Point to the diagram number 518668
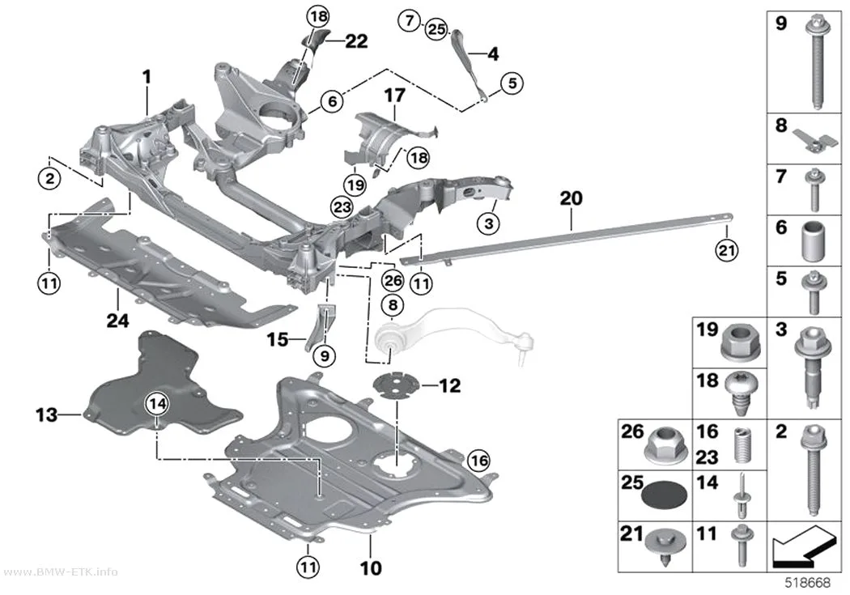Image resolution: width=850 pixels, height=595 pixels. point(808,583)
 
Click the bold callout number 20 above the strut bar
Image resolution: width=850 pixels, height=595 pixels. point(571,198)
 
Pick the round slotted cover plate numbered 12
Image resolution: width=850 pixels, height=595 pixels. point(397,385)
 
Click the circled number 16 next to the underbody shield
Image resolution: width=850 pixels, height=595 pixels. point(478,461)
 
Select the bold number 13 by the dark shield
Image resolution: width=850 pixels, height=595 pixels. point(47,414)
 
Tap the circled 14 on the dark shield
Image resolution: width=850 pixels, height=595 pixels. point(157,403)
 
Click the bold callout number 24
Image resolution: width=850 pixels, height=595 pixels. point(117,321)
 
